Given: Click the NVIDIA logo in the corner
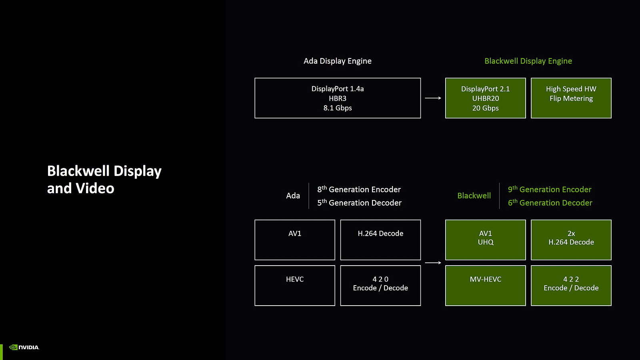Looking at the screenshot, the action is pos(24,347).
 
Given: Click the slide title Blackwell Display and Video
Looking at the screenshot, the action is pos(104,180).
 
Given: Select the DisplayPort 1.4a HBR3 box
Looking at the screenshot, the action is pos(338,98).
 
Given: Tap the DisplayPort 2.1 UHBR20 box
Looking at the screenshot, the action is pos(486,98).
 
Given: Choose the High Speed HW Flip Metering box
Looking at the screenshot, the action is pos(571,98).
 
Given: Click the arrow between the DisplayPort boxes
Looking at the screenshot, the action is pos(433,98).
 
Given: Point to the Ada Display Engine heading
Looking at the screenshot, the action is pos(338,61).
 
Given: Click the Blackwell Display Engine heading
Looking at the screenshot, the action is pos(528,61).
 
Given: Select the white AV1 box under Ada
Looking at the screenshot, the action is pos(294,240).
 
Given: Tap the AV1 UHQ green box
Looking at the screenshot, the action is pos(486,240).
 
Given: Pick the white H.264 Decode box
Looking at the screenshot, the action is pos(380,240).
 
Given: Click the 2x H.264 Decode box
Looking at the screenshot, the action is pos(571,240).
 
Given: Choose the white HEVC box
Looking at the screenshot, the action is pos(294,286).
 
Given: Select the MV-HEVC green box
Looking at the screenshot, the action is pos(486,286).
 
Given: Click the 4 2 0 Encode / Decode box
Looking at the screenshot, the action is pos(380,286).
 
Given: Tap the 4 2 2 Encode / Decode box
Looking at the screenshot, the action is pos(571,286).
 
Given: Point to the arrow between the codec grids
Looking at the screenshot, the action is pos(433,262).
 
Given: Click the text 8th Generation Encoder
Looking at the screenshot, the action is pos(359,189).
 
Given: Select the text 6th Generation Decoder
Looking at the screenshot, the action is pos(550,202).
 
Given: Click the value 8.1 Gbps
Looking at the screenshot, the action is pos(338,108).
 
